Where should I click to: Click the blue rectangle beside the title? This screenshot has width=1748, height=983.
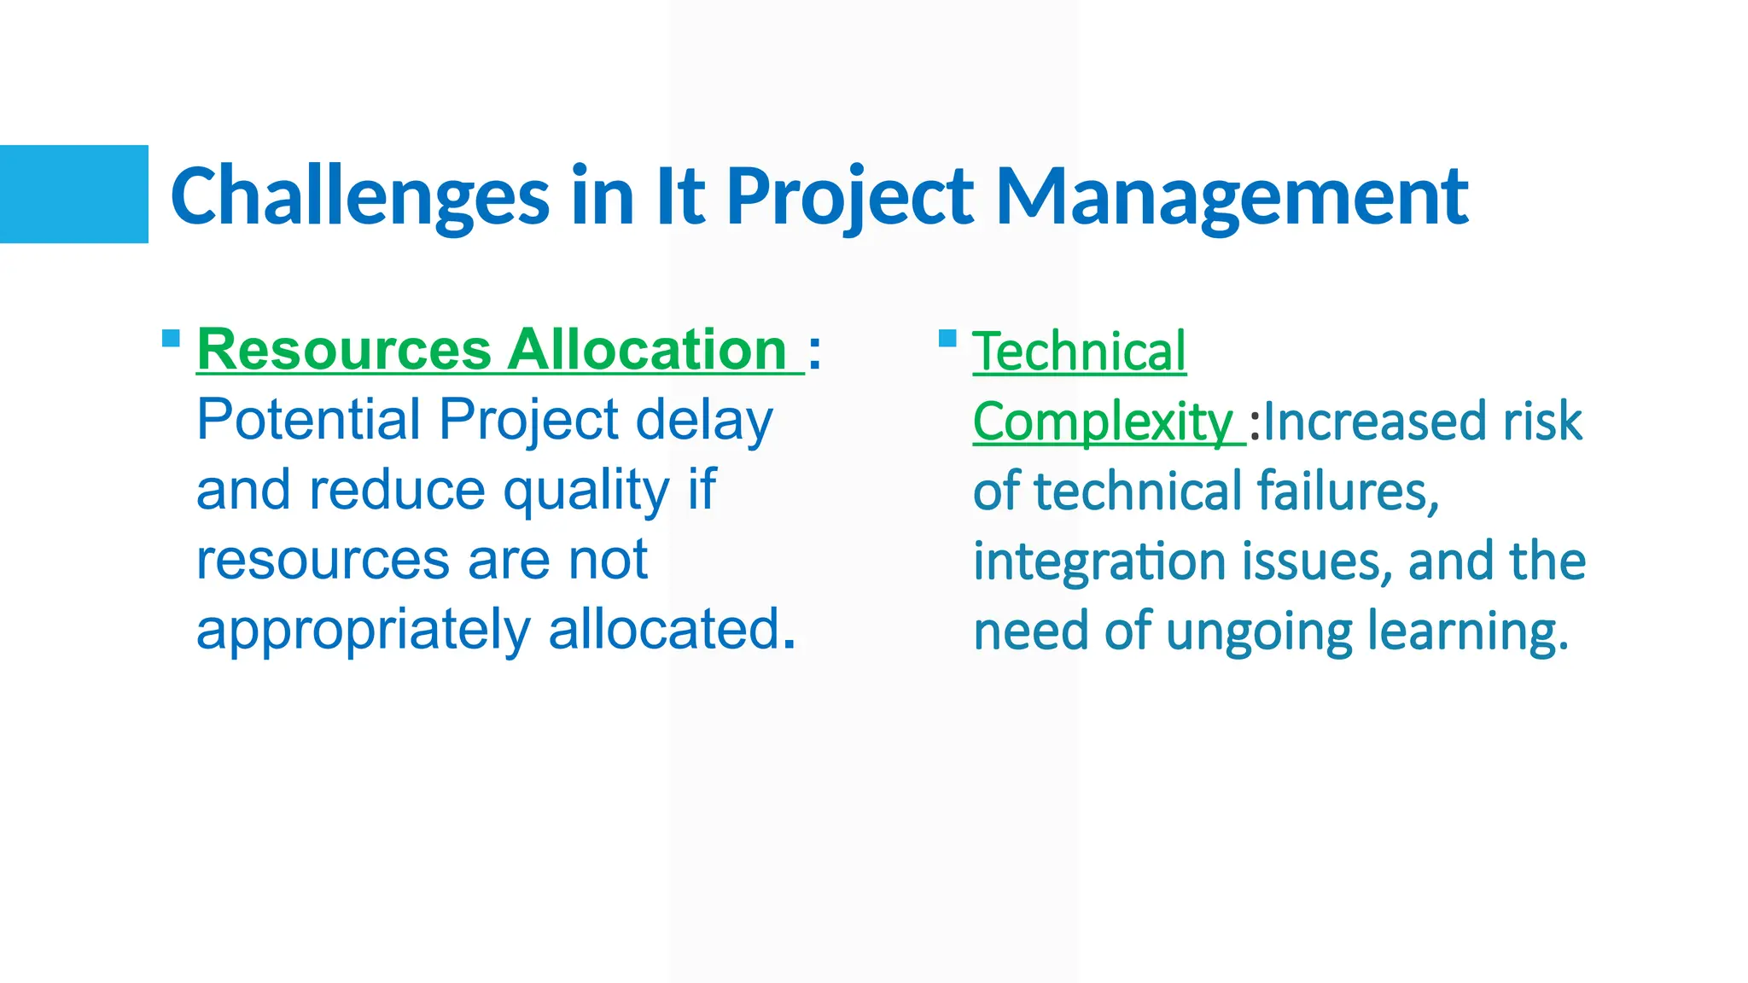click(x=74, y=195)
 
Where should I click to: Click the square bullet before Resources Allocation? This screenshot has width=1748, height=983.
click(x=171, y=338)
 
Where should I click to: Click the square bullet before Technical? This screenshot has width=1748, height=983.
click(x=947, y=339)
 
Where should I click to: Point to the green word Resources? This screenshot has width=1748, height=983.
click(x=344, y=350)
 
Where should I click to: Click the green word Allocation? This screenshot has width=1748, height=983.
click(x=648, y=350)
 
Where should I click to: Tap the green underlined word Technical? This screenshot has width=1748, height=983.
click(x=1079, y=352)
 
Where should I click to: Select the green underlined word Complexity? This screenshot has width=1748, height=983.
click(x=1102, y=422)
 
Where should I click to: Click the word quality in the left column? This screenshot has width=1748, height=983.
click(x=586, y=491)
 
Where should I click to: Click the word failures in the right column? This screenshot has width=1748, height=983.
click(x=1347, y=492)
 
